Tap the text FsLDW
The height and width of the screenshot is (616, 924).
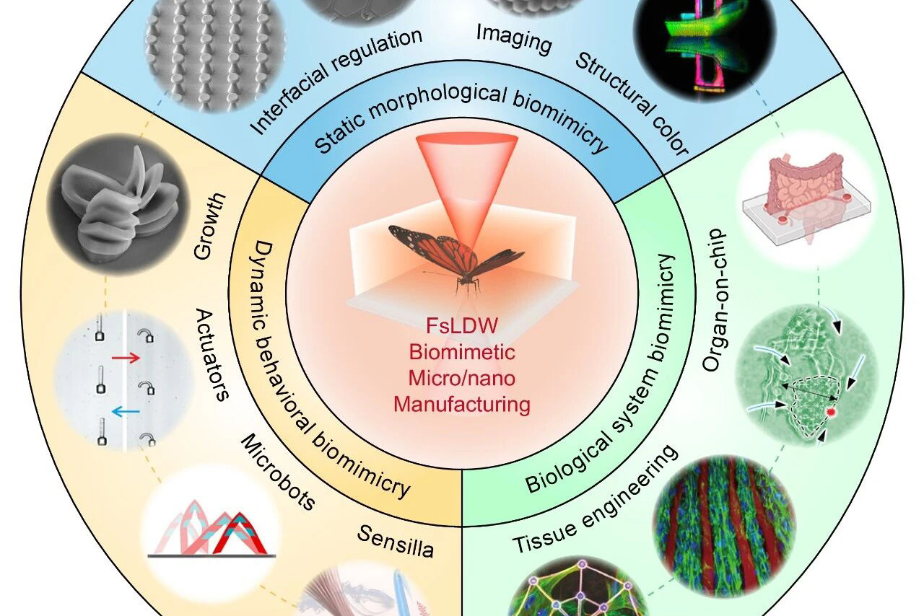coord(462,326)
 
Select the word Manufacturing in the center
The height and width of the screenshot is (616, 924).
coord(462,403)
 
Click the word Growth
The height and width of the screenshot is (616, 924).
coord(209,226)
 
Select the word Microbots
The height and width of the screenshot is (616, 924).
coord(277,472)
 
